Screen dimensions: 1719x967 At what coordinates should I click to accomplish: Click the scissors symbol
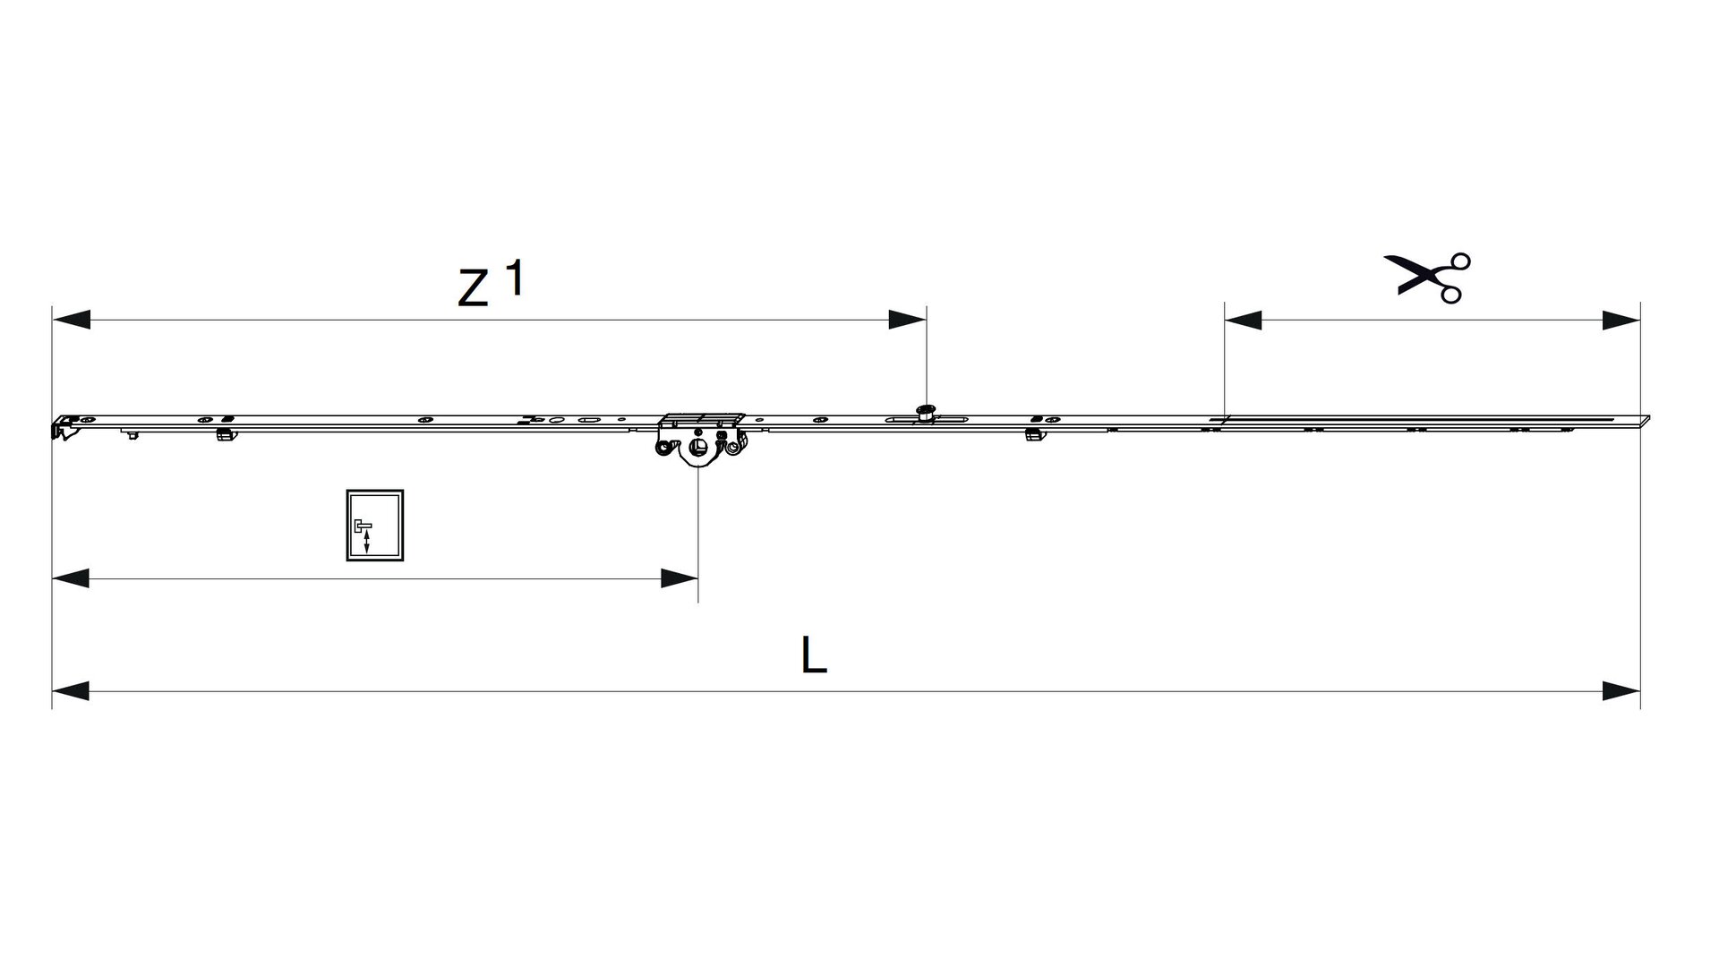[1427, 277]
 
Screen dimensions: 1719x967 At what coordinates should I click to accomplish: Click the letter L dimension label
[814, 656]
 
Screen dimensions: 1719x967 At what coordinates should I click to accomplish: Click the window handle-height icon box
[375, 526]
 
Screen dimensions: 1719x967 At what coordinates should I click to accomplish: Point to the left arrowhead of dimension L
[71, 690]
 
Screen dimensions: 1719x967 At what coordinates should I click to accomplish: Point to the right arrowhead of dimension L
[1621, 690]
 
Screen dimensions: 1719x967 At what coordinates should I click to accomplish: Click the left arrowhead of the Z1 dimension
[71, 319]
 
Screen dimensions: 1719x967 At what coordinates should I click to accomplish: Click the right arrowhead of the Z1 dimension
[907, 319]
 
